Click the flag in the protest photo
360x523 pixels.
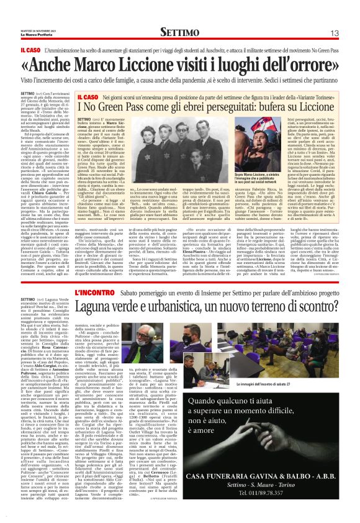point(254,134)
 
